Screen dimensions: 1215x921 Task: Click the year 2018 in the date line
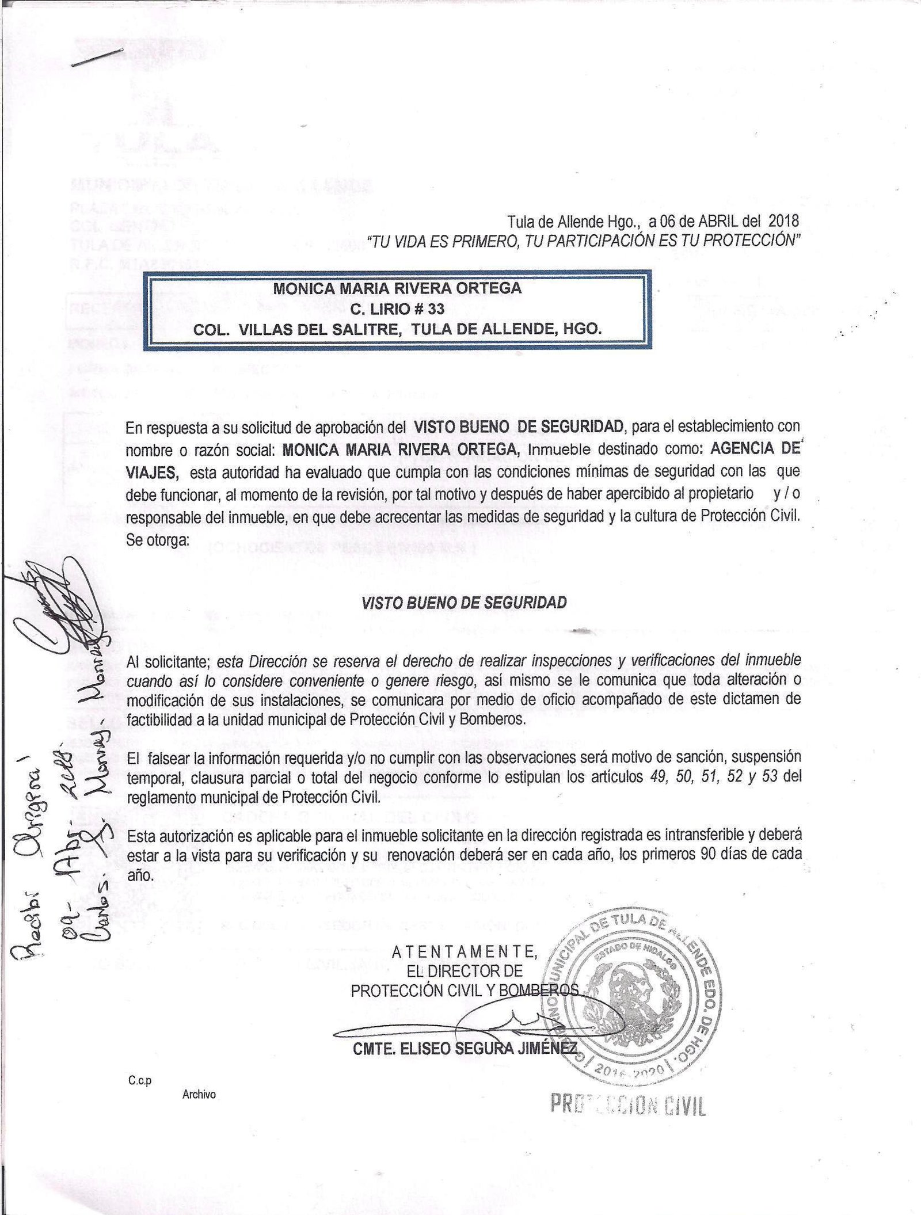point(783,220)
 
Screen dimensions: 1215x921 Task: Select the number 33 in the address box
point(436,309)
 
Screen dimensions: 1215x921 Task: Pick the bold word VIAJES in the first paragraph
point(153,473)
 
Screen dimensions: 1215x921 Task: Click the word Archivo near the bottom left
point(199,1095)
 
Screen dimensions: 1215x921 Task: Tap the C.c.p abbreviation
point(140,1081)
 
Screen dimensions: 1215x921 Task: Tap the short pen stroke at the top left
point(98,58)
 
